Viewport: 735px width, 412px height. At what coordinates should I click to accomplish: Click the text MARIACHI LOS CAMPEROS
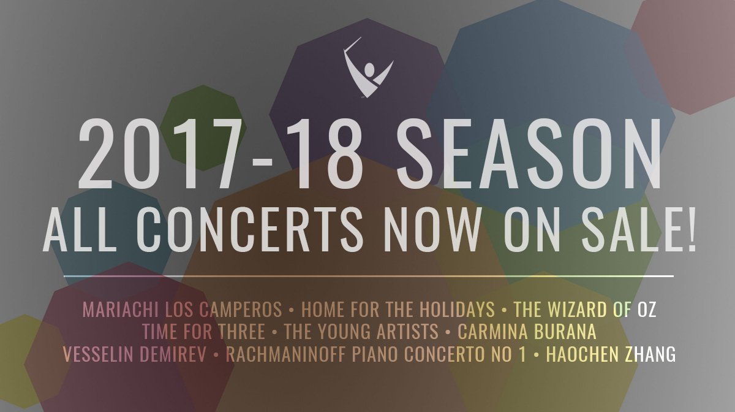point(182,309)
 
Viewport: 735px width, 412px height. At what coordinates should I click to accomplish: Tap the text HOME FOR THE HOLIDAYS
point(398,309)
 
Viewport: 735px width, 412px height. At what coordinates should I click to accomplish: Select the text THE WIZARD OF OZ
point(584,309)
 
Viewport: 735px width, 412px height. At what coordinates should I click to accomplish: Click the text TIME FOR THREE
point(203,332)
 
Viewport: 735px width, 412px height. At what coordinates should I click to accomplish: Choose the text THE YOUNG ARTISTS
point(361,332)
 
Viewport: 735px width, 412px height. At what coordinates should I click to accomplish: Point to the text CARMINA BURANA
point(527,332)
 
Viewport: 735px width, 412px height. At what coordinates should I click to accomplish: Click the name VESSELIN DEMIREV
point(135,354)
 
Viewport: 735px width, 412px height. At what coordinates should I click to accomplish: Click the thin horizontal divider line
point(367,277)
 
